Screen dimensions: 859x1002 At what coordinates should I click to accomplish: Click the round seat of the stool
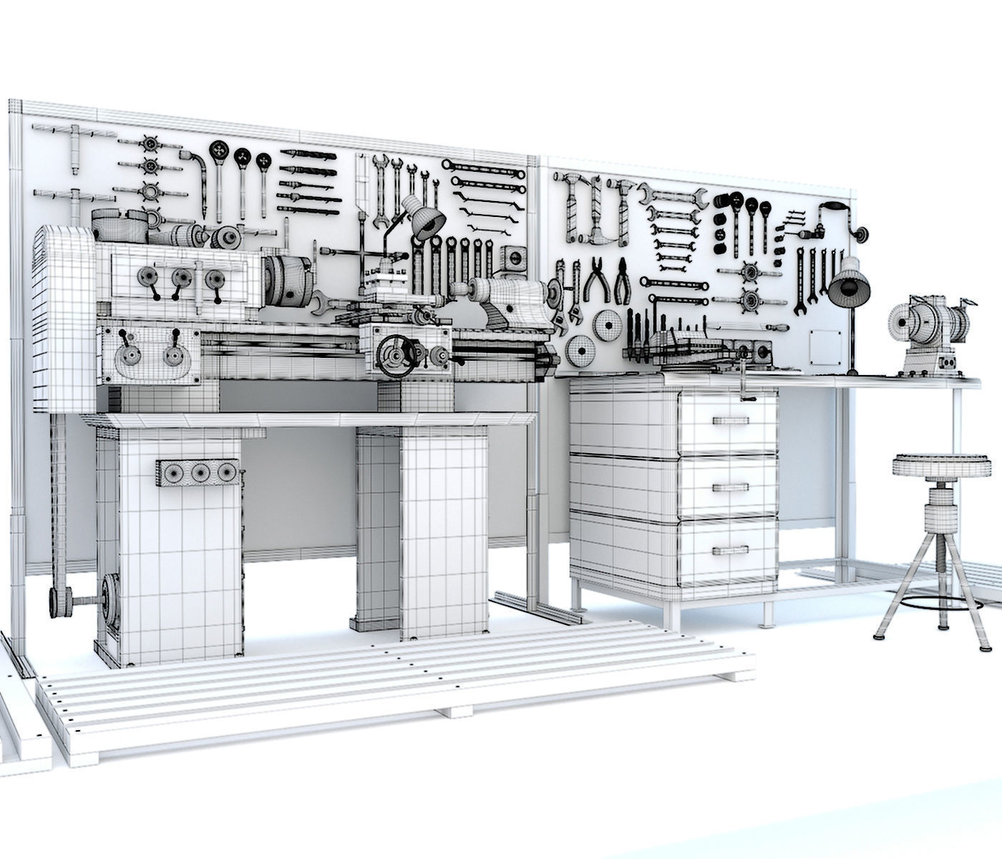929,466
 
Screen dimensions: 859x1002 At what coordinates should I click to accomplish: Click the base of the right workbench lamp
852,372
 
